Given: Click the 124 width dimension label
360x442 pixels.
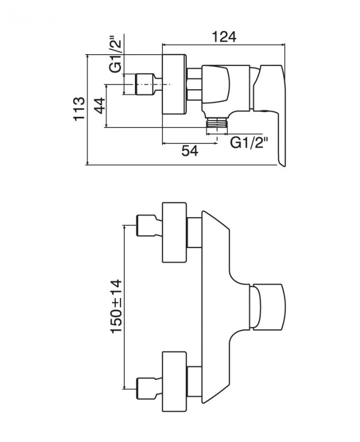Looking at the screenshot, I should [224, 37].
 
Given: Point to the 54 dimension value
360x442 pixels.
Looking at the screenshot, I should [190, 151].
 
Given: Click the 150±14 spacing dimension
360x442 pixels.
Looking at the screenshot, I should [116, 306].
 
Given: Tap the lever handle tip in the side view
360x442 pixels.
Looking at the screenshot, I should [281, 157].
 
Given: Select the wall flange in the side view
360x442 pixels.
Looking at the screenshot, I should [173, 84].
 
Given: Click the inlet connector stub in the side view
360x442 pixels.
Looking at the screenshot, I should [144, 84].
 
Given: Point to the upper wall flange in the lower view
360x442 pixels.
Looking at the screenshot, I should [174, 232].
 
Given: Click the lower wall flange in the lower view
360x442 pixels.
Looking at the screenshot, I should [174, 380].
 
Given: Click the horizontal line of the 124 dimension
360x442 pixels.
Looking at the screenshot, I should [224, 44].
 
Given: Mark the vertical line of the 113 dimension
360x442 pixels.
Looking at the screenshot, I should [87, 109].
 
